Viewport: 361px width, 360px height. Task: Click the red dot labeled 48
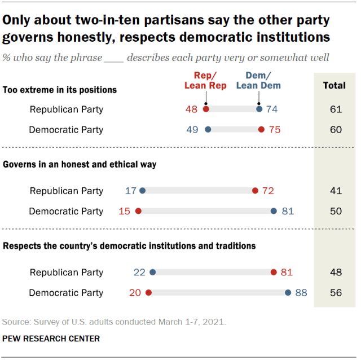[206, 109]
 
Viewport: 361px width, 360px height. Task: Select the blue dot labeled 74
[259, 109]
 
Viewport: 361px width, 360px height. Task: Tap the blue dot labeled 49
[208, 129]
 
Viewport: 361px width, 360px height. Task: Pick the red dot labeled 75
[261, 129]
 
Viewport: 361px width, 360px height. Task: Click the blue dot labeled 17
[142, 191]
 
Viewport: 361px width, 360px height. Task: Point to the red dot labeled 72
[255, 191]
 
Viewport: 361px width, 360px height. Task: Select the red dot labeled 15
[138, 211]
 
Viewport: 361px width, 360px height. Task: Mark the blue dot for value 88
[288, 293]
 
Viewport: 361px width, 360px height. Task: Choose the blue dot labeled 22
[152, 273]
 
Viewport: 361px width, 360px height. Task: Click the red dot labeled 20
[148, 293]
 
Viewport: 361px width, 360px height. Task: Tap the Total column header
[334, 86]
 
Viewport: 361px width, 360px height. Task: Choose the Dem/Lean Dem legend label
[258, 81]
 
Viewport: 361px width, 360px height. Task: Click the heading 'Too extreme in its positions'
[60, 90]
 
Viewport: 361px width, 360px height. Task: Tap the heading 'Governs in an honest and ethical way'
[80, 165]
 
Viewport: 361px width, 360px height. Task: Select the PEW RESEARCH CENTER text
[51, 339]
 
